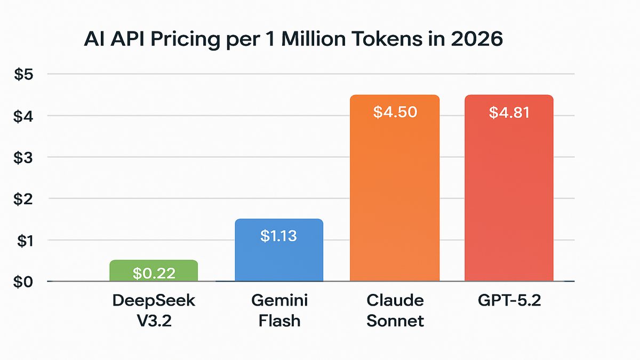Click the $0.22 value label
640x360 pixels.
click(154, 274)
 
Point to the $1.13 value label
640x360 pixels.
click(278, 236)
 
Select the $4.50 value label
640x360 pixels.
click(395, 113)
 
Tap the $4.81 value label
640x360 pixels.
click(509, 113)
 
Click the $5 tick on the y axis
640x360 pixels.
click(23, 75)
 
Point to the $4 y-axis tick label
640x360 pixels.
click(23, 116)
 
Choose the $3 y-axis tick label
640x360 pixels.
click(23, 157)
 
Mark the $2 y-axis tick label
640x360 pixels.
click(23, 199)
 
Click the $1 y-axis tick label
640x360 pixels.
click(23, 241)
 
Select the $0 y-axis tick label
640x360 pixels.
click(23, 282)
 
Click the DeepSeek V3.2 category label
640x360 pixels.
click(154, 310)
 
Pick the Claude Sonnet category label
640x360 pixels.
click(395, 310)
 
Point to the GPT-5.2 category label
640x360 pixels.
click(509, 300)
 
